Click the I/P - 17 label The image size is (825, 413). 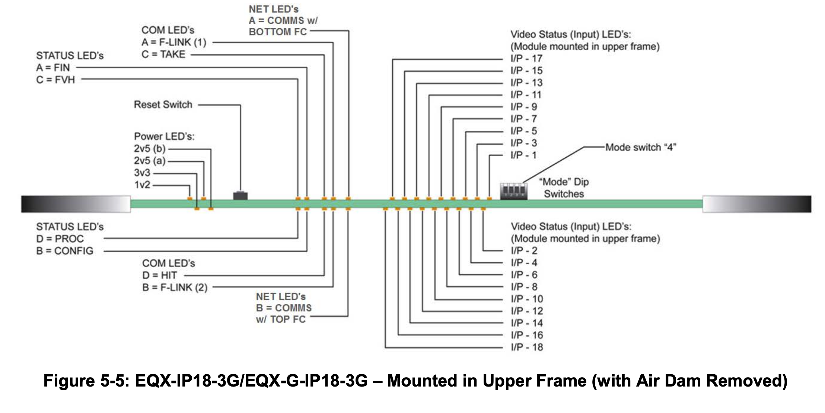(526, 59)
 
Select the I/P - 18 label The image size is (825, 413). (527, 347)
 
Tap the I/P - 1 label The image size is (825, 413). (523, 155)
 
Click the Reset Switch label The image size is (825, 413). (163, 104)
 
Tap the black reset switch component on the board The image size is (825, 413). (240, 195)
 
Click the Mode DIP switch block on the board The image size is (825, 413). (513, 191)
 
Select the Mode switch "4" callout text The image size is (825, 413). (640, 147)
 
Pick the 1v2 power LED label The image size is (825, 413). (142, 185)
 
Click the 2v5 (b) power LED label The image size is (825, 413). (150, 149)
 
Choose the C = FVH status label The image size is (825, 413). (55, 80)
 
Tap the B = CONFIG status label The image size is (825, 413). (65, 251)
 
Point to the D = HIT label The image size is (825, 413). (160, 275)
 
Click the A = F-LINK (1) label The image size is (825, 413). (174, 42)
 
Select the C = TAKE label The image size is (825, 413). (163, 54)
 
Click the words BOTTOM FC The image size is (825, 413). (278, 32)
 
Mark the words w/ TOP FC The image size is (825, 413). (281, 319)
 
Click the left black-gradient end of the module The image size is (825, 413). (76, 204)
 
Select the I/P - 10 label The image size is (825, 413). (527, 299)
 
